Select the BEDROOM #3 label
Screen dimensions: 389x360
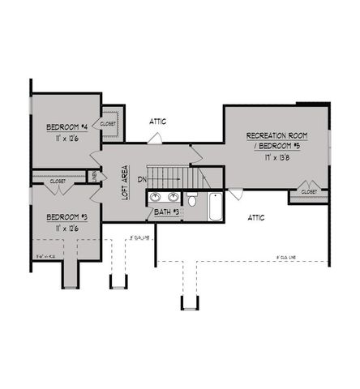coord(62,216)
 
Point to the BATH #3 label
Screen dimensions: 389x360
coord(166,212)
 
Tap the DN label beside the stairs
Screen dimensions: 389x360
coord(141,179)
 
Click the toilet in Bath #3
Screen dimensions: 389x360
coord(191,199)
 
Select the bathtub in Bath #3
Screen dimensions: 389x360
coord(216,207)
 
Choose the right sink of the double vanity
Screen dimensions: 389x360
coord(172,198)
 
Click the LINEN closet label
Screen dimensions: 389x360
coord(96,176)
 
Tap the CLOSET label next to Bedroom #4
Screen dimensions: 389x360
coord(109,124)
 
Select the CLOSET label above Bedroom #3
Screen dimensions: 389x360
coord(58,182)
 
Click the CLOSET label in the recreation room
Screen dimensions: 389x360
coord(309,191)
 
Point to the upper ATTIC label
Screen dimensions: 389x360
coord(157,122)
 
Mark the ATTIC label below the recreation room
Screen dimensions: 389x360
coord(256,217)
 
